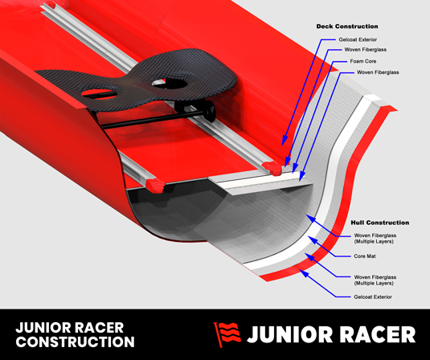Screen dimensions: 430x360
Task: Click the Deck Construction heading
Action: coord(347,27)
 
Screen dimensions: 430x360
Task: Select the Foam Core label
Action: coord(363,61)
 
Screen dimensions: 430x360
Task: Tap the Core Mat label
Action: coord(365,256)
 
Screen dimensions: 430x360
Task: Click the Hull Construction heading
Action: coord(380,223)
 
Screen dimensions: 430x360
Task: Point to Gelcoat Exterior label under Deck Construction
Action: coord(358,39)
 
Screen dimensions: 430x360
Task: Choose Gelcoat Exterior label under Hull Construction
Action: coord(373,297)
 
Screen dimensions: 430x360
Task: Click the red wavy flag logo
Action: coord(227,334)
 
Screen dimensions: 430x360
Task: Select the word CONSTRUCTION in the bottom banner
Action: coord(75,342)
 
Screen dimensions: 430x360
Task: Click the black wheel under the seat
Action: coord(211,112)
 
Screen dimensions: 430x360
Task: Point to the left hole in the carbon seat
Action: coord(100,94)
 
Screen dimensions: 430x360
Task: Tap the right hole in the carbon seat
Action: coord(170,84)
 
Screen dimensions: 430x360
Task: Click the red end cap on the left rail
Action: coord(155,186)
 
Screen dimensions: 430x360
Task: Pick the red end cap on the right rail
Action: coord(272,168)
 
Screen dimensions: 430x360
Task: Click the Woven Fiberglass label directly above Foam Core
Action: coord(366,50)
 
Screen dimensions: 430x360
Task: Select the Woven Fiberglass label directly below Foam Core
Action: coord(378,72)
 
